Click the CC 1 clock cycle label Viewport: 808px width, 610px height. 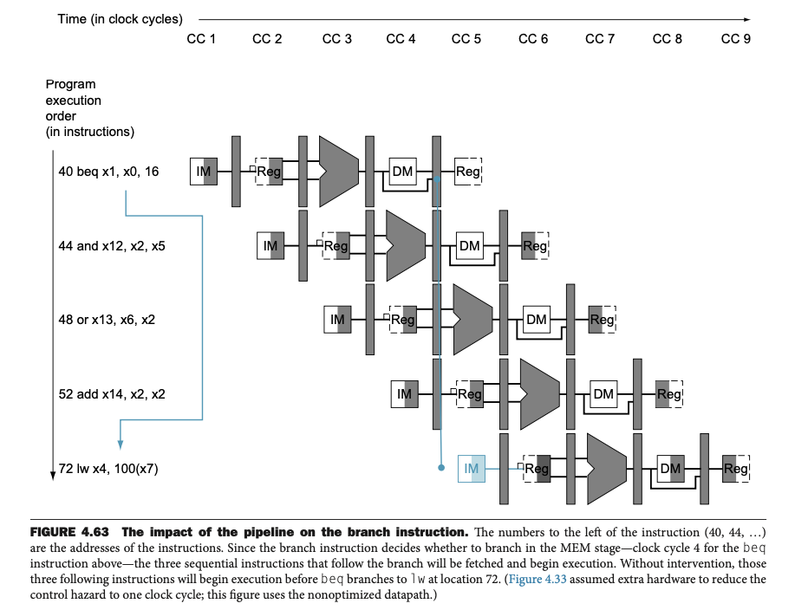click(x=201, y=40)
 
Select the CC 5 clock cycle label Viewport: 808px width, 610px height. click(x=466, y=40)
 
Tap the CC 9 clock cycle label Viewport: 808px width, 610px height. click(x=736, y=40)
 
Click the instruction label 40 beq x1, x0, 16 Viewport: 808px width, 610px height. click(x=108, y=172)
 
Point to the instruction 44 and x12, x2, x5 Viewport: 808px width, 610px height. click(x=111, y=246)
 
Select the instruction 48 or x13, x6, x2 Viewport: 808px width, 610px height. click(x=108, y=320)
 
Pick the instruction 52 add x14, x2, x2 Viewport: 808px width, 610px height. click(x=111, y=394)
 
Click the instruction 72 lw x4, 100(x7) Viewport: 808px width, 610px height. click(x=108, y=469)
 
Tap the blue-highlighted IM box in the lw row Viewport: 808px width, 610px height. click(x=472, y=469)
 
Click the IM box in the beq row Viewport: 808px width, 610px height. click(x=204, y=172)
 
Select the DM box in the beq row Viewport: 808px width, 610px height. click(x=402, y=172)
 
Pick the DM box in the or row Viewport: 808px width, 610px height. click(x=537, y=320)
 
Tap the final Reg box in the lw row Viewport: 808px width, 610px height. click(x=735, y=469)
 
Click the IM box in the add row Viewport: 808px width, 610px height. click(x=404, y=394)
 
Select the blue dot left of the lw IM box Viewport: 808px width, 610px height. click(x=441, y=468)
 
